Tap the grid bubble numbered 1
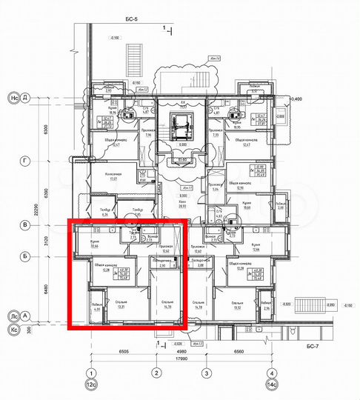[x=91, y=373]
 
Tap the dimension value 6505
[x=122, y=353]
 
